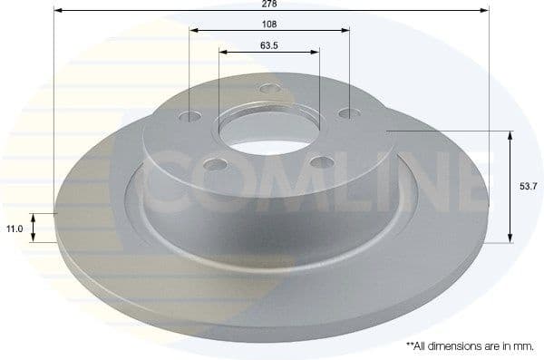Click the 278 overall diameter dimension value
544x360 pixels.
(270, 5)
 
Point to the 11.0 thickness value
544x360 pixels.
(15, 230)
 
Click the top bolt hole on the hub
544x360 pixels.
(267, 89)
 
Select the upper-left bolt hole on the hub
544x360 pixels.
(189, 117)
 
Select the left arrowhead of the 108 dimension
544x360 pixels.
(194, 29)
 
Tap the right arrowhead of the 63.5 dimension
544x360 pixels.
(316, 53)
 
